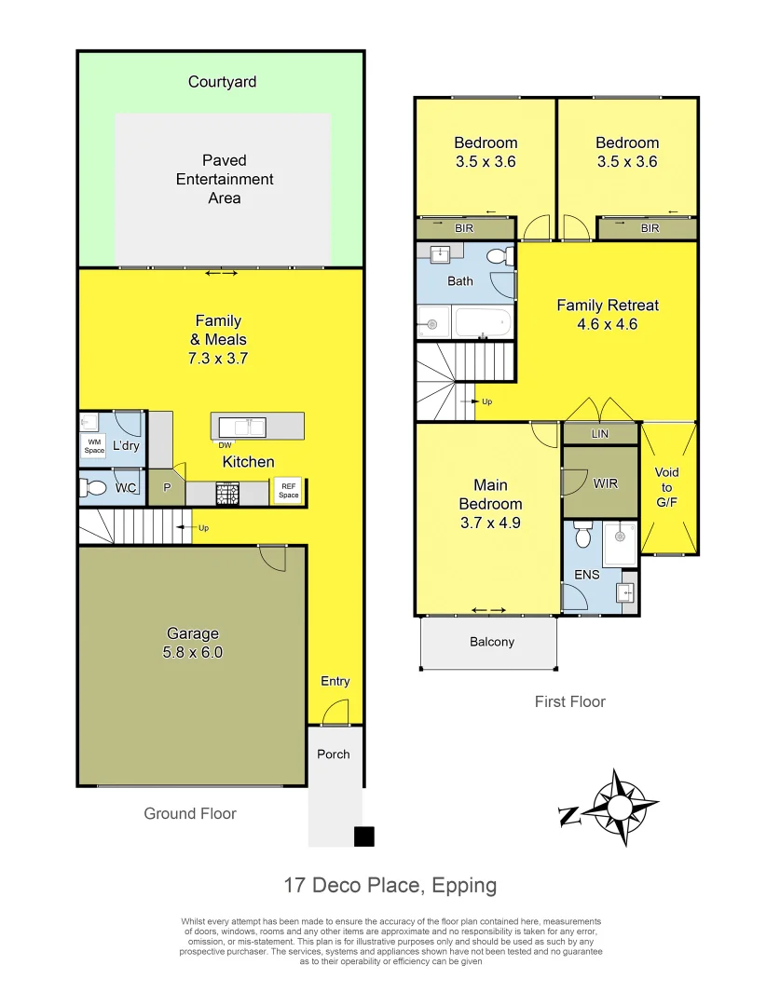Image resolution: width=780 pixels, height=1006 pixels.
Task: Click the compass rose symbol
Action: [619, 808]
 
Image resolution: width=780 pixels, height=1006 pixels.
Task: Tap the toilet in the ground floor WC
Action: [95, 487]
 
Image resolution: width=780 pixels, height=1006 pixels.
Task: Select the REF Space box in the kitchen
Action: [288, 490]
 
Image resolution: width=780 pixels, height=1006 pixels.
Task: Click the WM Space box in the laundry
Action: [94, 446]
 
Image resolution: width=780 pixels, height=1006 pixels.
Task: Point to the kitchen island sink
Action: [242, 427]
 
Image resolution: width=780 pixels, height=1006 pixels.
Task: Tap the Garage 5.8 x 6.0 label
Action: [192, 643]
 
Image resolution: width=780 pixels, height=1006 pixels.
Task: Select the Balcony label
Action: [490, 642]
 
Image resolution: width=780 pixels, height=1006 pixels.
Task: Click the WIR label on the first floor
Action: [605, 483]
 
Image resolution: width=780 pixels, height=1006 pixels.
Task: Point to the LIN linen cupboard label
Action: [600, 434]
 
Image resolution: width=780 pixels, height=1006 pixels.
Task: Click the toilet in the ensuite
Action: [583, 536]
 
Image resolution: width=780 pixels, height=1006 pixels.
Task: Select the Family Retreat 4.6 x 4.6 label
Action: [608, 315]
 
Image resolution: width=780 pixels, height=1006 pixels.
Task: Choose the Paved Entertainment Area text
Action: [225, 179]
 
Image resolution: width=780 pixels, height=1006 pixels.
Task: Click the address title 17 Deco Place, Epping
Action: [390, 885]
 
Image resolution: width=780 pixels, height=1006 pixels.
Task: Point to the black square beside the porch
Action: [364, 836]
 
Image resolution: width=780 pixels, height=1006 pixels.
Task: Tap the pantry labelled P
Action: [168, 487]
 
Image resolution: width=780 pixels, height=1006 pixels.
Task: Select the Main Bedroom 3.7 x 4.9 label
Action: [490, 504]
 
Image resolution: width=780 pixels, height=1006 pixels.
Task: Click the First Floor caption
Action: [569, 702]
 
